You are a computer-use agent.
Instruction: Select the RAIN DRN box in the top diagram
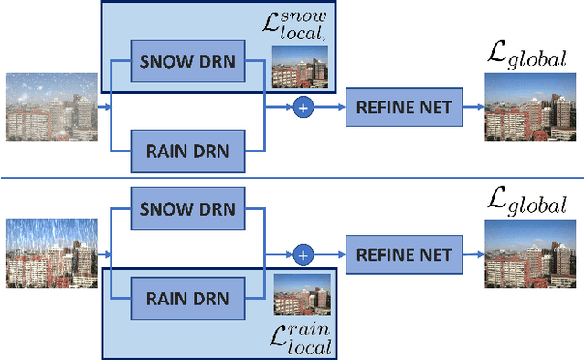187,149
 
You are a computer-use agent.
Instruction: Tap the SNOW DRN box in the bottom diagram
187,209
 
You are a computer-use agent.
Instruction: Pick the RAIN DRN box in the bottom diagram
187,298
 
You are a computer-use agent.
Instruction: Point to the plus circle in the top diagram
303,108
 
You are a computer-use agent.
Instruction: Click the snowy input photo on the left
52,107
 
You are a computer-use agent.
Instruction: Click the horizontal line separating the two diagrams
292,178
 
